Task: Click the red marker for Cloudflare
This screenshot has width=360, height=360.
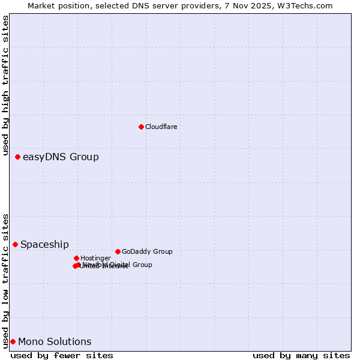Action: coord(141,127)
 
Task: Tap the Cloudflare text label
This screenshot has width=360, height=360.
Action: coord(161,127)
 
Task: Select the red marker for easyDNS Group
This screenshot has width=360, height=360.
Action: coord(17,157)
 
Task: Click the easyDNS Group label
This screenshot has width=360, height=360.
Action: coord(61,157)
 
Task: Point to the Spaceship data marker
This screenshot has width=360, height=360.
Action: coord(15,244)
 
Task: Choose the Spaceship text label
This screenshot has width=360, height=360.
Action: coord(44,245)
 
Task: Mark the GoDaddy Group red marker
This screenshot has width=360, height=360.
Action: coord(118,251)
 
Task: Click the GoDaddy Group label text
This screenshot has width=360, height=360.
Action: coord(147,251)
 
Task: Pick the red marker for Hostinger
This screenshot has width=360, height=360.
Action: coord(76,258)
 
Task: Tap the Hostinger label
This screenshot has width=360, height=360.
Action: coord(95,258)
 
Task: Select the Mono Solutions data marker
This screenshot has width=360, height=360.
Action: coord(13,341)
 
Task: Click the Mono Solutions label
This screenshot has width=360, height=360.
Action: coord(55,342)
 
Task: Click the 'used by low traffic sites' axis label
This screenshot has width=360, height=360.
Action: coord(5,280)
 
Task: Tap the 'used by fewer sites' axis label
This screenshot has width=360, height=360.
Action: coord(62,355)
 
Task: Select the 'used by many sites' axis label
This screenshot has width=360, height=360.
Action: coord(301,355)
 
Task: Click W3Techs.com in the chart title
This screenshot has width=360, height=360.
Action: coord(307,5)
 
